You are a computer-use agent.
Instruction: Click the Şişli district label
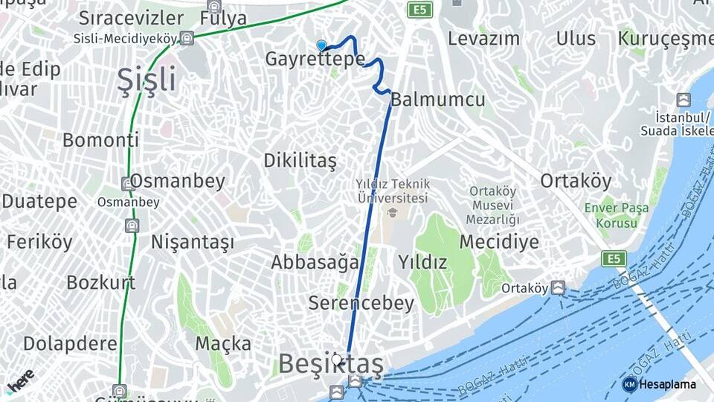147,80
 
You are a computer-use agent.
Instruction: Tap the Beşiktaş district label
330,364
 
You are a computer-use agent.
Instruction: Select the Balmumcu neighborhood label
437,100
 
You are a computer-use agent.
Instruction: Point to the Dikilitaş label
300,161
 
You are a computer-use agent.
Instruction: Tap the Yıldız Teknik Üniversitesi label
392,191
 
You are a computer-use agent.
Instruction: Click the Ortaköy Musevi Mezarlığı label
492,205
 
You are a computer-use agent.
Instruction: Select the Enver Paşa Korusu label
611,214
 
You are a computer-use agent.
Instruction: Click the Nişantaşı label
192,242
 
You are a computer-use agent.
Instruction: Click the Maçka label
223,343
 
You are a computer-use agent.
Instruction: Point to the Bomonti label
100,140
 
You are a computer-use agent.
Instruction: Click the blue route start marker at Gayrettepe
321,45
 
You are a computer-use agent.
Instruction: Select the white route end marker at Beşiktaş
337,360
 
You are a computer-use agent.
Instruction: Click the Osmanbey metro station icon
128,183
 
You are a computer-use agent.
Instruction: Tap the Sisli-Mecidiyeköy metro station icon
187,38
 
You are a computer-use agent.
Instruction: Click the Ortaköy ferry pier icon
558,287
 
